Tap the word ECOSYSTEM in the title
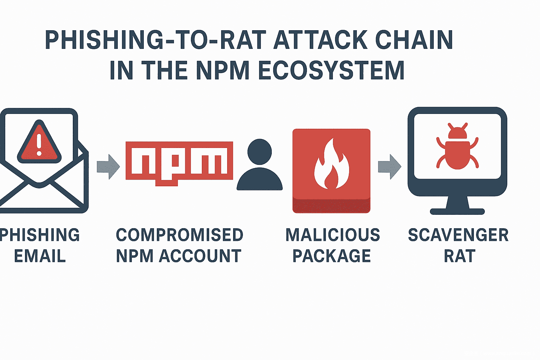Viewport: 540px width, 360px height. (x=331, y=70)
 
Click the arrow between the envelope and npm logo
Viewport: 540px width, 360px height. (x=108, y=167)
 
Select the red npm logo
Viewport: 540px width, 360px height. (x=179, y=162)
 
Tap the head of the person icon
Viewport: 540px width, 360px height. (x=259, y=152)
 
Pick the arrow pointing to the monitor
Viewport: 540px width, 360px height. (x=389, y=167)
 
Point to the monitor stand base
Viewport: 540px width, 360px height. (x=457, y=211)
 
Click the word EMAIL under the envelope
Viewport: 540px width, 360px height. (x=40, y=256)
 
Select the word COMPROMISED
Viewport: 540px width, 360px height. (x=179, y=235)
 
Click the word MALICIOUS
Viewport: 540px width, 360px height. (x=333, y=235)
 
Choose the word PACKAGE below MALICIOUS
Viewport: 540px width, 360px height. (x=332, y=256)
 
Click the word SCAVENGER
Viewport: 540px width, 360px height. (x=458, y=235)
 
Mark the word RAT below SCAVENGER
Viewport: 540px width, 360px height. (x=459, y=256)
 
